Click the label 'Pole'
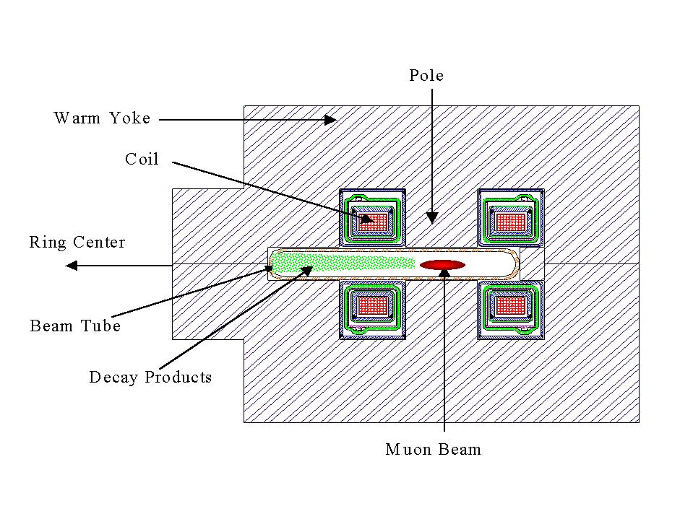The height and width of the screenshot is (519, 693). [426, 76]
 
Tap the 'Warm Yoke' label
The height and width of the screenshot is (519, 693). [102, 118]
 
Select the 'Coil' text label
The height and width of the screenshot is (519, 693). [142, 160]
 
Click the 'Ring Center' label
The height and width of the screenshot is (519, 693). [77, 243]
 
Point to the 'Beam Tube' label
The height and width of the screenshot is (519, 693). [75, 326]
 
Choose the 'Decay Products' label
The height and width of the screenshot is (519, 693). [150, 378]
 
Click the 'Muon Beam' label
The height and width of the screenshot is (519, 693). [433, 450]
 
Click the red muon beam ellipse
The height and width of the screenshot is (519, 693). [443, 265]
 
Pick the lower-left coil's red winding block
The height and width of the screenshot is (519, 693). [373, 305]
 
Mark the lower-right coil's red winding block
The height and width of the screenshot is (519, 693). [512, 305]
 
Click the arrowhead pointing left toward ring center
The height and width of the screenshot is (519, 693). [71, 266]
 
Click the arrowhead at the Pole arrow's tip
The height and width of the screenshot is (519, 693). [431, 217]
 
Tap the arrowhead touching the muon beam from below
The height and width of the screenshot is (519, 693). [444, 276]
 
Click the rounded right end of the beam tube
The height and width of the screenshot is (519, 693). [515, 263]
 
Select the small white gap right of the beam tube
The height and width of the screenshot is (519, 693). [532, 263]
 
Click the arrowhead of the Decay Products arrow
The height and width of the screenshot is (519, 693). [306, 271]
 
